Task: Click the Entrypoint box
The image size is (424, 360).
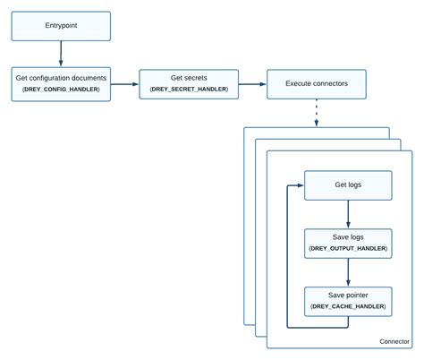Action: pos(61,26)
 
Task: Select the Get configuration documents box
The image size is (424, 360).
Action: pos(61,83)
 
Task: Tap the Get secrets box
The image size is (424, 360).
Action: pos(189,83)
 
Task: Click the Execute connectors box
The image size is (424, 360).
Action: pos(317,84)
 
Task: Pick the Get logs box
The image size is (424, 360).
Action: pos(347,185)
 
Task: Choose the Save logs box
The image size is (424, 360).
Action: pos(347,242)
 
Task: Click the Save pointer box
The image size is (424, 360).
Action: pos(347,300)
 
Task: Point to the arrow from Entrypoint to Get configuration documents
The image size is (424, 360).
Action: pos(61,53)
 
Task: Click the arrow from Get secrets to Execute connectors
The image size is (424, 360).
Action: pos(252,84)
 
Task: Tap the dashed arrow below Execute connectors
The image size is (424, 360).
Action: pos(317,112)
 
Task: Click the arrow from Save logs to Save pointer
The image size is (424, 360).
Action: pos(347,271)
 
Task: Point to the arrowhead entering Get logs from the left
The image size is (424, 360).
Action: pos(300,185)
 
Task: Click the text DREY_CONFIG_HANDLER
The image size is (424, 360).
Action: pos(61,90)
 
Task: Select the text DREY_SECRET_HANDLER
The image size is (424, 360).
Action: pos(189,90)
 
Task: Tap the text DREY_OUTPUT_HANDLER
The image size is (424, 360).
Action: pos(347,248)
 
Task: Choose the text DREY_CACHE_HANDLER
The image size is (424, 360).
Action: pos(347,306)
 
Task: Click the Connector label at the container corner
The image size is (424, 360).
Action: pos(394,341)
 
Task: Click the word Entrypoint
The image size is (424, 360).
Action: pos(61,26)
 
